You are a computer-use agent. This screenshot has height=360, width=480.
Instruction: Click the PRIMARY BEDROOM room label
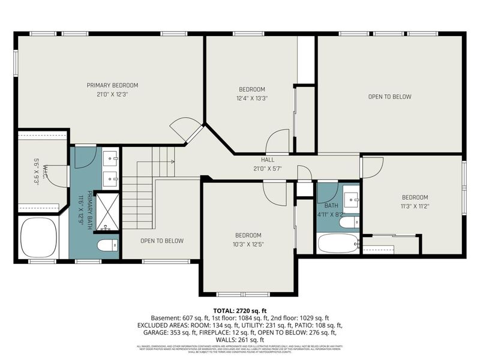112,85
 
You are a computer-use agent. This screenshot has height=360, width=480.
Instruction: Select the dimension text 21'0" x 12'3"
112,94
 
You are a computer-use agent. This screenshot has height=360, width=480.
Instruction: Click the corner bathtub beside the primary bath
39,237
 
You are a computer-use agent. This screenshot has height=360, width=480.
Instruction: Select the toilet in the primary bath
107,245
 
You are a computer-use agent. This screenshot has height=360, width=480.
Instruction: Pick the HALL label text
268,160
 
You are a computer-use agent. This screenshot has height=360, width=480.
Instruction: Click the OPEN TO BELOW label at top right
389,97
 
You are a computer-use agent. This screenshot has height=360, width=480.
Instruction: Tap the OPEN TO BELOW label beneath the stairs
162,241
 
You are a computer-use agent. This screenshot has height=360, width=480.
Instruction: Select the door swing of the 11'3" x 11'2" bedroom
372,167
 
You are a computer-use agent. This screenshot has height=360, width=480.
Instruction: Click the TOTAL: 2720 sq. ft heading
240,310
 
